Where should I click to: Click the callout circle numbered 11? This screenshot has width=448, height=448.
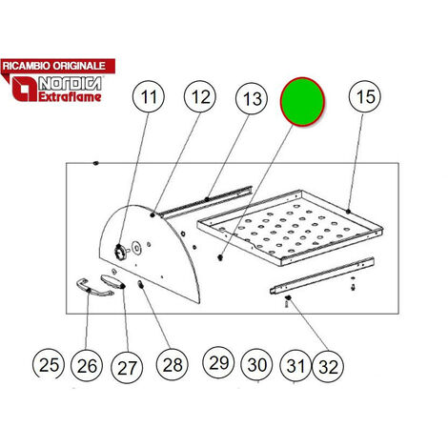coord(149,96)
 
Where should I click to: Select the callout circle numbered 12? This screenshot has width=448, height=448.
coord(200,96)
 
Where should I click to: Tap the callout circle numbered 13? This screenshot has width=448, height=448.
coord(252,99)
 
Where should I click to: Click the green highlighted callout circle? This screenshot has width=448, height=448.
coord(302,101)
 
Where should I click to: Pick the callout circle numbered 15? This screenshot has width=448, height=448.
coord(365,96)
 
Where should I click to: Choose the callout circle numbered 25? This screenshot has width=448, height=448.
coord(49,364)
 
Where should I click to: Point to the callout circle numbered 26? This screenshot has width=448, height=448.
coord(87,365)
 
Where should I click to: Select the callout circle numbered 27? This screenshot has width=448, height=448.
coord(127,368)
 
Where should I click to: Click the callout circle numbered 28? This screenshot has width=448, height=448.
coord(173,365)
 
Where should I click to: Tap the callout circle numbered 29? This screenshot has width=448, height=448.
coord(218,362)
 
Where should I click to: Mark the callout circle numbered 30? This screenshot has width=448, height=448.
coord(256,364)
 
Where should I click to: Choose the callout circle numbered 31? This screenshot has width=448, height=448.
coord(295,365)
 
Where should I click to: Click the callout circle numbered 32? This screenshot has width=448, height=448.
coord(328,367)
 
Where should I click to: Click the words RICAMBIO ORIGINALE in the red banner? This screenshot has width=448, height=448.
coord(54,66)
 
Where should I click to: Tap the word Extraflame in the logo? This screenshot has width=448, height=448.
coord(70,96)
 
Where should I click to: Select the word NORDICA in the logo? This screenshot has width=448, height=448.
coord(71,84)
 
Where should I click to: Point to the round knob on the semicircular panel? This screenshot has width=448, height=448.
coord(120,254)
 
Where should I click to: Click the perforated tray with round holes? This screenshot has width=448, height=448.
coord(290,227)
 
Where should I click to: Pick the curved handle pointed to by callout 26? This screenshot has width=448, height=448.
coord(94,288)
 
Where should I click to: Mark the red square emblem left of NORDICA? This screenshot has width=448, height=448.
coord(25,90)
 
